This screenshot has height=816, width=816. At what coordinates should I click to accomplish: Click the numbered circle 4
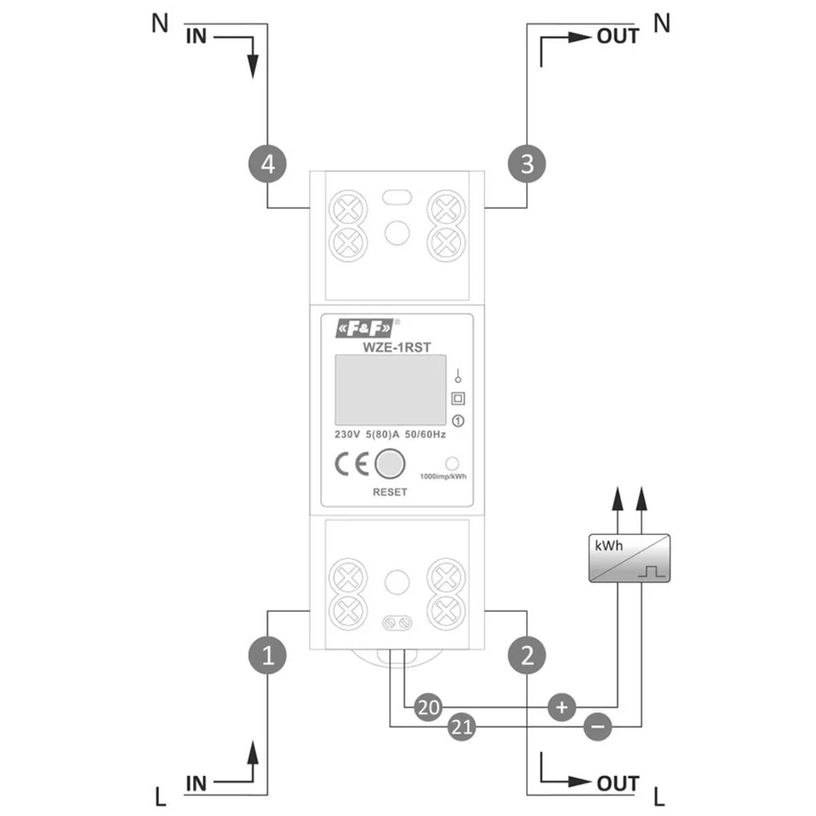pyautogui.click(x=268, y=164)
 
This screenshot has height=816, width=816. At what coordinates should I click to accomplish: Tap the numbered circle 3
pyautogui.click(x=527, y=164)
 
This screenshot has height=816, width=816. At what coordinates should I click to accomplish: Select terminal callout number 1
pyautogui.click(x=268, y=655)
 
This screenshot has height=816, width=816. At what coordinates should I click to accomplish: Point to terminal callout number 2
pyautogui.click(x=527, y=655)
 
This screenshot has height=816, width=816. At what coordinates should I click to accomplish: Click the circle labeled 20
pyautogui.click(x=428, y=707)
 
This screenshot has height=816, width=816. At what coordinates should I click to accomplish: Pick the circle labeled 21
pyautogui.click(x=462, y=728)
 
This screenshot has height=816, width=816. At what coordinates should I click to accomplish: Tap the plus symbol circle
pyautogui.click(x=562, y=707)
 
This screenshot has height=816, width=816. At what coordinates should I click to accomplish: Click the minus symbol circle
pyautogui.click(x=597, y=728)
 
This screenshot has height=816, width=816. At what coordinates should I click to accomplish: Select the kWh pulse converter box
pyautogui.click(x=629, y=558)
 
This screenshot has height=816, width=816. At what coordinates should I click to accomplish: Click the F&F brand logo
pyautogui.click(x=364, y=330)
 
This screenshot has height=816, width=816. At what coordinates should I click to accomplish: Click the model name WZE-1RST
pyautogui.click(x=396, y=347)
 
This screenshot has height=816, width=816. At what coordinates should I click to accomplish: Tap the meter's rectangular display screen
pyautogui.click(x=390, y=390)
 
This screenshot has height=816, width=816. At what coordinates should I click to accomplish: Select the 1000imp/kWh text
pyautogui.click(x=443, y=477)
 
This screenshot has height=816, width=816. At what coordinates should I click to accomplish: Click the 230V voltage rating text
pyautogui.click(x=347, y=435)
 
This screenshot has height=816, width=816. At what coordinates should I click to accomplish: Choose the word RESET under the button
pyautogui.click(x=390, y=492)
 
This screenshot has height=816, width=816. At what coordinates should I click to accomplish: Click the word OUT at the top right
pyautogui.click(x=617, y=36)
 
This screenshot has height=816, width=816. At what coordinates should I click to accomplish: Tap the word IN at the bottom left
pyautogui.click(x=196, y=783)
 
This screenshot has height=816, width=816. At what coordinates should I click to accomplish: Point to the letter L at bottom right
pyautogui.click(x=658, y=796)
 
